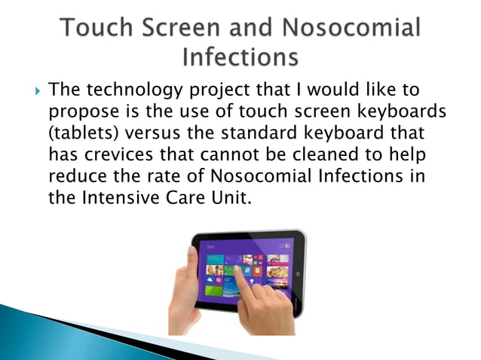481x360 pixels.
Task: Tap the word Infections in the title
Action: [x=240, y=57]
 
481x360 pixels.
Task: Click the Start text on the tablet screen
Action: [x=211, y=246]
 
